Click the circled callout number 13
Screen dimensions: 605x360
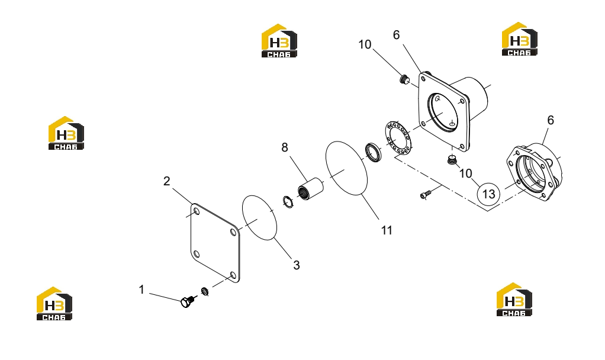pos(488,194)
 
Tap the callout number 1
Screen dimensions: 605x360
pos(141,290)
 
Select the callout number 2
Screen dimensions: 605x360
pos(167,181)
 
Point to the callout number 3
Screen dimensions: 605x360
pos(297,265)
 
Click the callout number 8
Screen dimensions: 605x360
pos(285,147)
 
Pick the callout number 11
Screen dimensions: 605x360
pos(387,230)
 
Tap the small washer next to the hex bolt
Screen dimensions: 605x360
pos(205,291)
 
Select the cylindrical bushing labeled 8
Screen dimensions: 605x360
pos(311,189)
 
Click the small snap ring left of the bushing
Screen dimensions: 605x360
pos(288,201)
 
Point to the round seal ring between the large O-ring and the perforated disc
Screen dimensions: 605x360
pos(374,152)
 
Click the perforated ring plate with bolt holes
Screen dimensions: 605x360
pos(398,139)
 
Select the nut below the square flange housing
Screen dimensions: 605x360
pos(452,159)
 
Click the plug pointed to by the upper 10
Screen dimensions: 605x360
pos(404,79)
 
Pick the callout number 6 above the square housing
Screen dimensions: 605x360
pos(396,35)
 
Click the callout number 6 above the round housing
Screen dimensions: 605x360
pos(551,120)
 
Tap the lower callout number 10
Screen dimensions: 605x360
pos(466,173)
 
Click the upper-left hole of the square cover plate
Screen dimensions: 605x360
pos(197,211)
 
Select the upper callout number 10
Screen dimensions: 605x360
pos(365,44)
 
